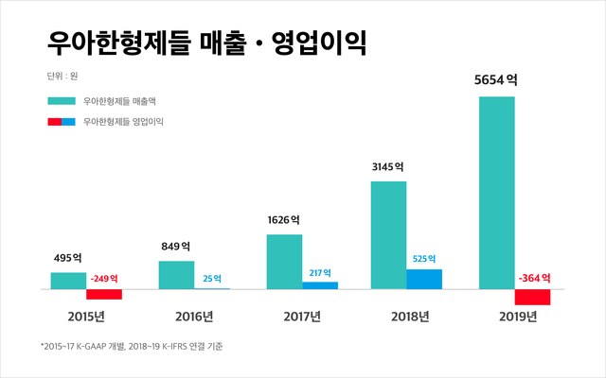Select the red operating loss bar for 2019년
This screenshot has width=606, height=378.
tap(533, 297)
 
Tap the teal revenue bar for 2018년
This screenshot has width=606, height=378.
tap(388, 234)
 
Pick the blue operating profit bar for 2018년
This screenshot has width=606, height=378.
tap(424, 279)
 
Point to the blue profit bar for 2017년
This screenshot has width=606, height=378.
tap(320, 284)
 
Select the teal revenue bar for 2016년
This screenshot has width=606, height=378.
tap(176, 274)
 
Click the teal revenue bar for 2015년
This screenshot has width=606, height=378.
tap(68, 280)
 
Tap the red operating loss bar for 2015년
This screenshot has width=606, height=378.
tap(104, 294)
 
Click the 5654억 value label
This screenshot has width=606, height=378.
tap(496, 80)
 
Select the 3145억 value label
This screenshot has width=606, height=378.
tap(388, 166)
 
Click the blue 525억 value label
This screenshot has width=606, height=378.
tap(424, 259)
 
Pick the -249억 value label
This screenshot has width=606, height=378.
tap(104, 279)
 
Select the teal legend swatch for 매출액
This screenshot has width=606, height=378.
tap(61, 99)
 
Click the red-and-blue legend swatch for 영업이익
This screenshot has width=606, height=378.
tap(61, 121)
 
